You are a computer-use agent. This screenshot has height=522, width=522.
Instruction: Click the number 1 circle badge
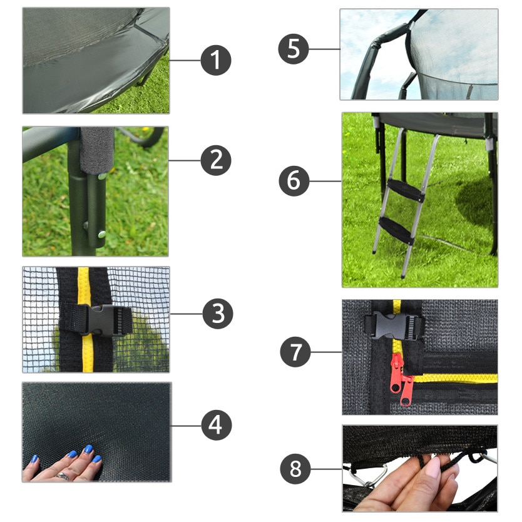click(216, 60)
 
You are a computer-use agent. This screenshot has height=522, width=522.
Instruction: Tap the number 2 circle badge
click(216, 160)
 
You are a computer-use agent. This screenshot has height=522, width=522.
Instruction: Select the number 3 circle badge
click(218, 314)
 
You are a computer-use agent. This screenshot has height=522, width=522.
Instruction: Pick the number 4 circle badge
click(217, 425)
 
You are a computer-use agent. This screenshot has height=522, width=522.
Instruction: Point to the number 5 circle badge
click(294, 49)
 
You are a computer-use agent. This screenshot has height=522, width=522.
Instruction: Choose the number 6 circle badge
click(294, 181)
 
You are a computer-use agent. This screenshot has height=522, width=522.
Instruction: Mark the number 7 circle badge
click(295, 352)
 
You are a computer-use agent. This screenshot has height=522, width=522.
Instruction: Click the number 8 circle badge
click(295, 469)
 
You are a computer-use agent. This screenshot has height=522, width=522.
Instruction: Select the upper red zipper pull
click(397, 372)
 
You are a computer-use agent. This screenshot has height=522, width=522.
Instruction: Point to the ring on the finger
click(63, 476)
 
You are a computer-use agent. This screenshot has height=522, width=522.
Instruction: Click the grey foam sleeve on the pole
click(97, 150)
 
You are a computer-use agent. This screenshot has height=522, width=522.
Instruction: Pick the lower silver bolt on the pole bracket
click(102, 234)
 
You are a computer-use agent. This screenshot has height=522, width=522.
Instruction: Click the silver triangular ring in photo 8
click(369, 476)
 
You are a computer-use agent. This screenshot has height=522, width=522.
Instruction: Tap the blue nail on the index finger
click(88, 449)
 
